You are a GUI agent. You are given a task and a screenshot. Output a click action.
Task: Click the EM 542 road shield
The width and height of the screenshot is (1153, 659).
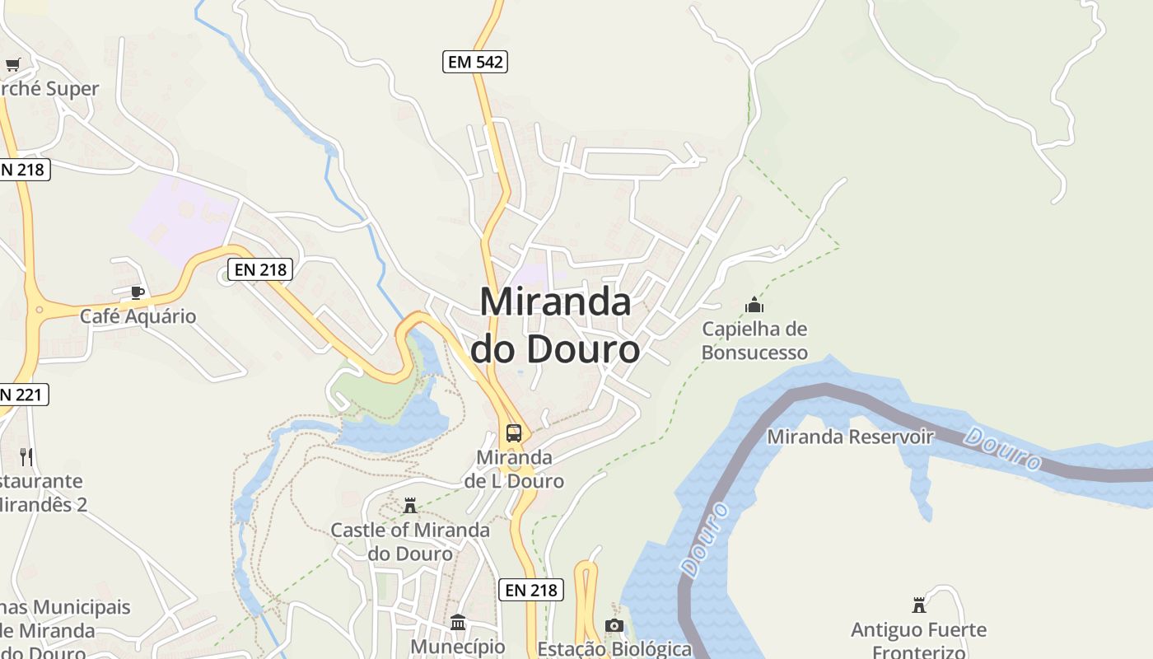474,61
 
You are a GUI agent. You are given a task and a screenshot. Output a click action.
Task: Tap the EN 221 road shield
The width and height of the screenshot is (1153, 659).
22,395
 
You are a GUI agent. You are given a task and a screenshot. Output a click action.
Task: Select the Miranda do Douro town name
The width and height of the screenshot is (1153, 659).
555,325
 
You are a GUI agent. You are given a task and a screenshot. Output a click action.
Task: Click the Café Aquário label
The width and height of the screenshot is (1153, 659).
138,316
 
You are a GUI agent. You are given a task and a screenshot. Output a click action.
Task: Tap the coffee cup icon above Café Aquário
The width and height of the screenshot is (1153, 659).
138,292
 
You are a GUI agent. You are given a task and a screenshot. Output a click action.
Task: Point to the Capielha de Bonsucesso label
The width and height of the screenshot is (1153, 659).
754,341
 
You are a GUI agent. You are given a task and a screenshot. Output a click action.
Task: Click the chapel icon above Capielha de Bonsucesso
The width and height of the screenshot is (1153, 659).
754,306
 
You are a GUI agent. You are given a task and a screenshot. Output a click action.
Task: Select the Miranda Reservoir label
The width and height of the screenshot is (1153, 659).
850,437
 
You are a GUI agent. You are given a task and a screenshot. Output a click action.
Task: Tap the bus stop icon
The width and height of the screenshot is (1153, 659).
514,432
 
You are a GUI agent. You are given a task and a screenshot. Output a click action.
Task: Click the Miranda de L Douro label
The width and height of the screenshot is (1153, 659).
514,469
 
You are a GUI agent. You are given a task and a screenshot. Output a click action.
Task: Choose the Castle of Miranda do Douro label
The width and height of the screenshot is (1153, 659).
410,541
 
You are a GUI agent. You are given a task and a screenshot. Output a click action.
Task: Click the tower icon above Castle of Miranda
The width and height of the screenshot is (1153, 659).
410,505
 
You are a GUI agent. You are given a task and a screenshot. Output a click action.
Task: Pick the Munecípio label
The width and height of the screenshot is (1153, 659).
458,647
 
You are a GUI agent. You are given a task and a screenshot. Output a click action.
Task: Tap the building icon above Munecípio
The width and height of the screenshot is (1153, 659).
458,622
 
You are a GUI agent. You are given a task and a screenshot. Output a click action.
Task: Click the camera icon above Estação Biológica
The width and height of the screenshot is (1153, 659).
614,625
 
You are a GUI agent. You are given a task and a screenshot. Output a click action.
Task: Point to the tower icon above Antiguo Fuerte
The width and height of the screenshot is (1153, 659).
919,605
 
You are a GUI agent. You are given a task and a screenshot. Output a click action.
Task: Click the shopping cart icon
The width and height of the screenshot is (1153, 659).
12,64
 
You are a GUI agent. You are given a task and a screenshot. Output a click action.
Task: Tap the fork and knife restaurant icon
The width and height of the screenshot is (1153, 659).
26,456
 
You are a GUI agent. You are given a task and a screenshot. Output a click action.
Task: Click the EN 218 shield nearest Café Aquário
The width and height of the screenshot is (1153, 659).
259,269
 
